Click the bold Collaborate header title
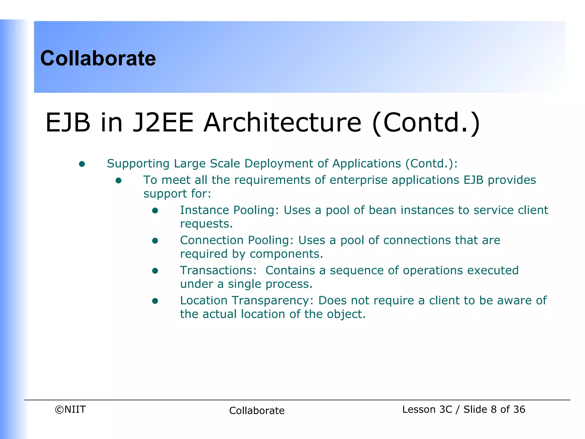[x=98, y=58]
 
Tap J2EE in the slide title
[x=163, y=123]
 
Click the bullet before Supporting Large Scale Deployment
[x=82, y=164]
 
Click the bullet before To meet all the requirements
[x=119, y=180]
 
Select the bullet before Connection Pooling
[x=155, y=241]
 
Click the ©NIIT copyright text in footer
[x=70, y=410]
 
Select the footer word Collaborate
[x=257, y=411]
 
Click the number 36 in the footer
[x=519, y=410]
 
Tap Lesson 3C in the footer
[x=427, y=410]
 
